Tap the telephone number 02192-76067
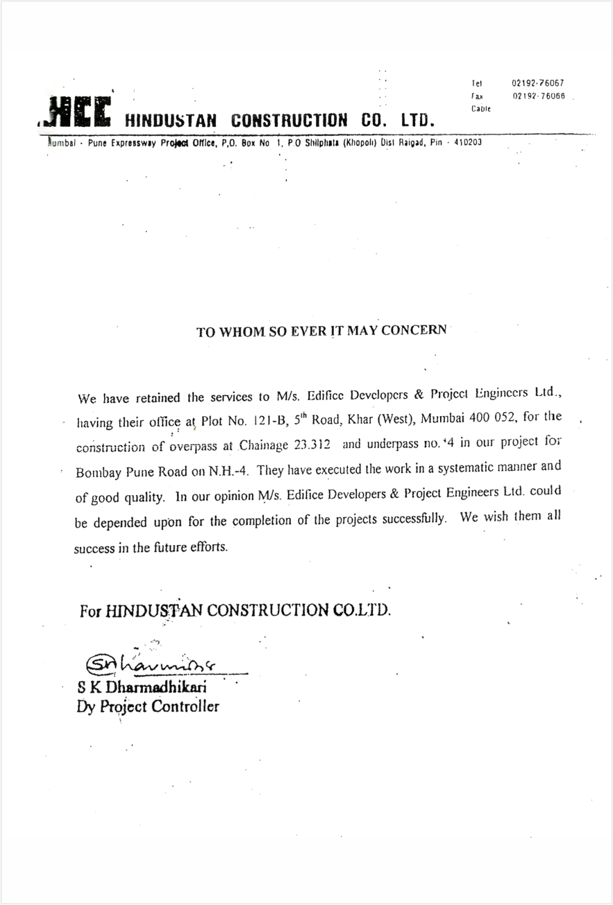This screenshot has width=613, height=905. (x=538, y=83)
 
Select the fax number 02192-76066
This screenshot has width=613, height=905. (x=538, y=96)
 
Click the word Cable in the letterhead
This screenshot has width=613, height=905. (x=481, y=109)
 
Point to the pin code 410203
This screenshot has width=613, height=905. (x=467, y=142)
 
